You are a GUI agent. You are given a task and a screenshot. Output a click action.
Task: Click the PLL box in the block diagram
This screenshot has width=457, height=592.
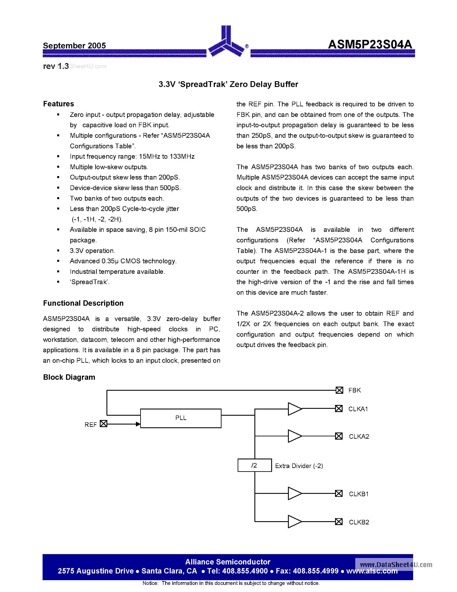pos(181,418)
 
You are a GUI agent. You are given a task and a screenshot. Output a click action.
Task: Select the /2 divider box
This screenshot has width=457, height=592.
pos(254,465)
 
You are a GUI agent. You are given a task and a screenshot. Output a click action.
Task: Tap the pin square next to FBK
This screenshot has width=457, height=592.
pos(339,390)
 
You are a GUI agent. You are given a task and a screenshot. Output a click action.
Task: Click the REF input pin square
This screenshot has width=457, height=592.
pos(103,423)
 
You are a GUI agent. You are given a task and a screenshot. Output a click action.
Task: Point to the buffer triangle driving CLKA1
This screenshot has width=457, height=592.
pos(294,409)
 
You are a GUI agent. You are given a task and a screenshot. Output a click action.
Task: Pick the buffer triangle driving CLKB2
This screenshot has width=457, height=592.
pos(294,522)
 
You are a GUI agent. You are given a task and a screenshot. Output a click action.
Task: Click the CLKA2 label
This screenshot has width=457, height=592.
pos(359,436)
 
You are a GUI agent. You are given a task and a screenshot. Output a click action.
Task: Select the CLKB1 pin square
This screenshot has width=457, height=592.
pos(339,493)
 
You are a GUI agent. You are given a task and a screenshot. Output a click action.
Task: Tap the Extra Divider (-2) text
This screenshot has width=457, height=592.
pos(299,466)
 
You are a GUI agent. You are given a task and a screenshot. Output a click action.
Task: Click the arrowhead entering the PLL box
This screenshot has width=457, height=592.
pos(138,424)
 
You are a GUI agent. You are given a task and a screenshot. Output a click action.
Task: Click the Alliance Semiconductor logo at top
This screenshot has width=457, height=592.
pos(226,42)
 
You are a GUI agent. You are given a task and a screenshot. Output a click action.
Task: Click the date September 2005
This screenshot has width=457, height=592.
pos(74,46)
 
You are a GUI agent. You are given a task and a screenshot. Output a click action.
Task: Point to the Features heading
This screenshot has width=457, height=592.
pos(58,104)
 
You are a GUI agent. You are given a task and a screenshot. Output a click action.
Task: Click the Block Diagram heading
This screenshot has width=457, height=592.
pos(69,377)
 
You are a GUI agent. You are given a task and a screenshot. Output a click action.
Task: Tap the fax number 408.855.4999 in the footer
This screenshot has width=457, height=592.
pos(316,571)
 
